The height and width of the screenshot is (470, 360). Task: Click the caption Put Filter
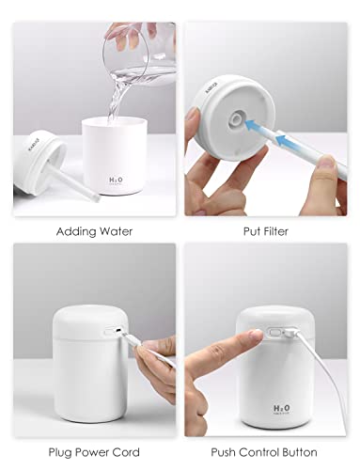click(x=265, y=231)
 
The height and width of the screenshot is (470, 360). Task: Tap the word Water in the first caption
click(x=114, y=231)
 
